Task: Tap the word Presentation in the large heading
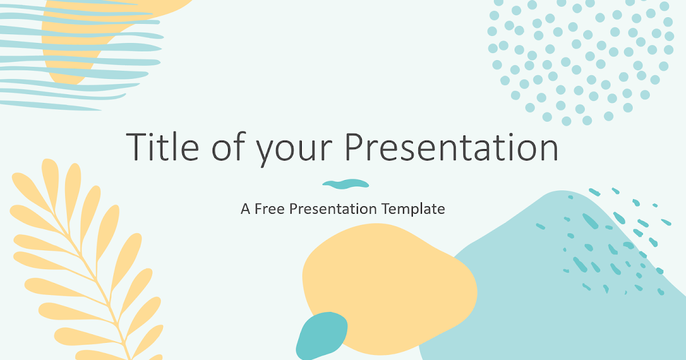pyautogui.click(x=453, y=147)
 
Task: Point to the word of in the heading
pyautogui.click(x=224, y=147)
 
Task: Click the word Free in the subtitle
pyautogui.click(x=270, y=209)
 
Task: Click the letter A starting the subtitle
pyautogui.click(x=246, y=209)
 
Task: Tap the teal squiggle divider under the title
pyautogui.click(x=345, y=183)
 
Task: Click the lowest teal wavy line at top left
pyautogui.click(x=51, y=105)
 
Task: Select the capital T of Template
pyautogui.click(x=384, y=209)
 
